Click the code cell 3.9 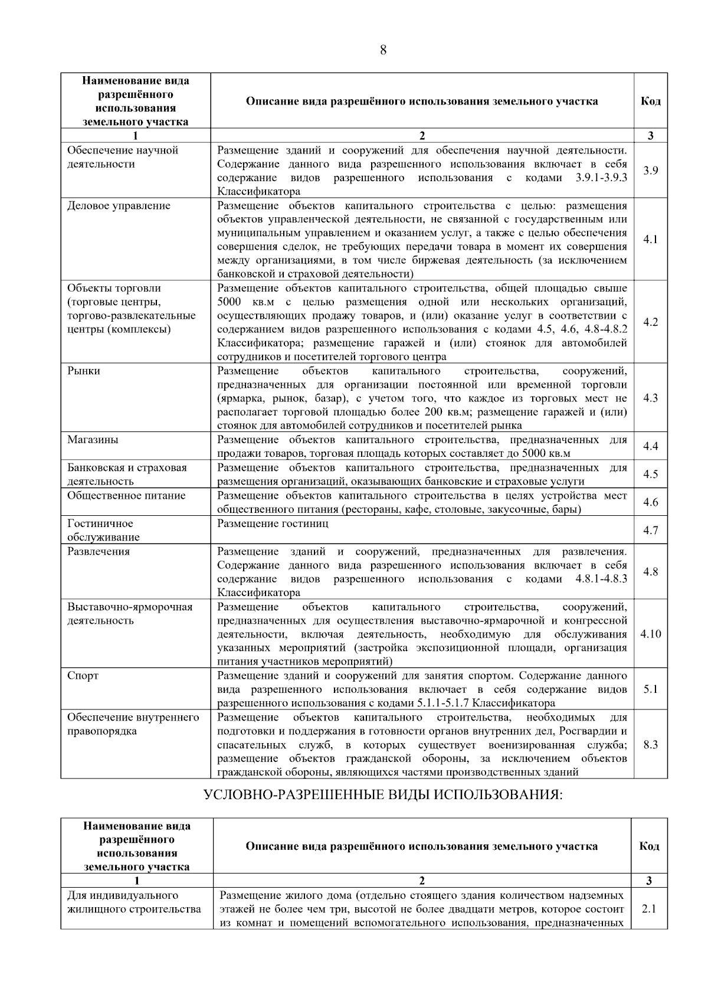click(x=650, y=171)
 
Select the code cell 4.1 click(x=650, y=240)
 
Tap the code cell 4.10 click(x=650, y=634)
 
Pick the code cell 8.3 click(x=650, y=745)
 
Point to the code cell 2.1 click(x=649, y=909)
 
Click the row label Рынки click(x=83, y=371)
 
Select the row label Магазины click(x=92, y=440)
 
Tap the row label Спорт click(x=83, y=676)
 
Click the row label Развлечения click(x=98, y=552)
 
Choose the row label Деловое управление click(x=119, y=206)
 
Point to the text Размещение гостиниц click(x=273, y=524)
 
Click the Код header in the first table click(x=650, y=101)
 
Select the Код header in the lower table click(x=649, y=846)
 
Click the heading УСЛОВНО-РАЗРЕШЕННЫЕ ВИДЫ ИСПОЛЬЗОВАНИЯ click(x=383, y=794)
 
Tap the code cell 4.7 click(x=650, y=531)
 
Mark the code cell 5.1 click(x=650, y=689)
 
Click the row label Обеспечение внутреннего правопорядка click(x=133, y=724)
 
